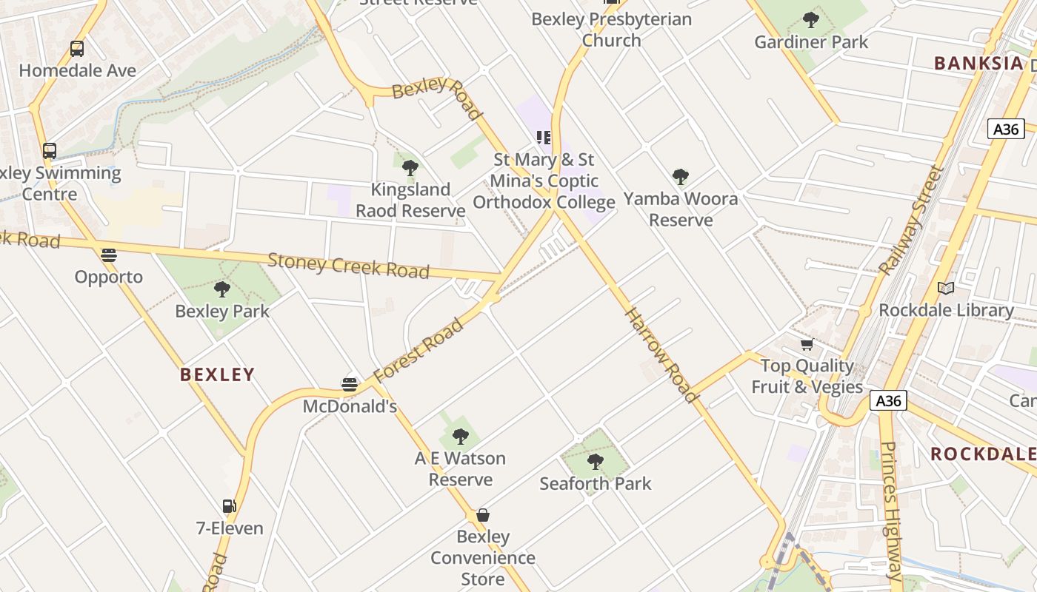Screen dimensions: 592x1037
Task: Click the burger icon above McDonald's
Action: pyautogui.click(x=350, y=385)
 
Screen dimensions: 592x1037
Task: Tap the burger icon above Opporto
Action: pyautogui.click(x=109, y=255)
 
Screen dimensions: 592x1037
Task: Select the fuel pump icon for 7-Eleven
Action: pyautogui.click(x=230, y=506)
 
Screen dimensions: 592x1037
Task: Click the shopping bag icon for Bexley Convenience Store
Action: pyautogui.click(x=483, y=515)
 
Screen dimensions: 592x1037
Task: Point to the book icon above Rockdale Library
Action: pyautogui.click(x=946, y=288)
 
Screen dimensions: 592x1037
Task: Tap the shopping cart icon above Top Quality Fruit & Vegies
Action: pyautogui.click(x=807, y=344)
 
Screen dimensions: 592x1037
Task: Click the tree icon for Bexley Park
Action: pyautogui.click(x=221, y=289)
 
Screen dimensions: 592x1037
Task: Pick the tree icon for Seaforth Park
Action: pyautogui.click(x=595, y=462)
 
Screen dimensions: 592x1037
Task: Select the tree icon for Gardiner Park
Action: pyautogui.click(x=811, y=20)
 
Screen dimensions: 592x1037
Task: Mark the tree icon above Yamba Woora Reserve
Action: pyautogui.click(x=681, y=177)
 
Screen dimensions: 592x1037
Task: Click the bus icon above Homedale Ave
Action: pyautogui.click(x=77, y=49)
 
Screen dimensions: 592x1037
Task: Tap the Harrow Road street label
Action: pyautogui.click(x=661, y=355)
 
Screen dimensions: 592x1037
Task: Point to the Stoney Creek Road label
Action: pyautogui.click(x=348, y=266)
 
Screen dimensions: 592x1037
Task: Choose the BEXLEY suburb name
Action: pyautogui.click(x=217, y=374)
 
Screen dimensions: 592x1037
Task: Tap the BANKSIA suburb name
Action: pyautogui.click(x=978, y=63)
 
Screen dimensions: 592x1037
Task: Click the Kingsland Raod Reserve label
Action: pyautogui.click(x=410, y=200)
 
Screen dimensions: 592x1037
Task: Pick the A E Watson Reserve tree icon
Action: pyautogui.click(x=461, y=437)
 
